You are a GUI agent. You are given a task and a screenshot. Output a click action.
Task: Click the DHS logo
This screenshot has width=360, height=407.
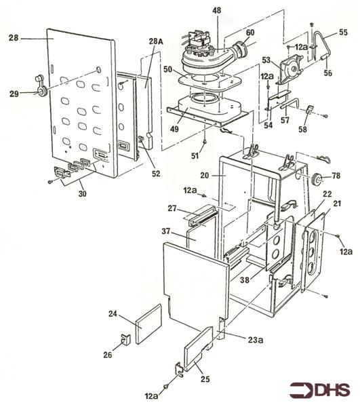pos(320,389)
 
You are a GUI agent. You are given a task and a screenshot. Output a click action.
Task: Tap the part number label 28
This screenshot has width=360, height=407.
pos(14,38)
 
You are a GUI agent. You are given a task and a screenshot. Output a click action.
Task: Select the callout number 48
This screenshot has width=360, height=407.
pos(216,10)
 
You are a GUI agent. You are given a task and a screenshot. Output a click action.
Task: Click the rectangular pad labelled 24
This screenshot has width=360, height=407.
pos(148,324)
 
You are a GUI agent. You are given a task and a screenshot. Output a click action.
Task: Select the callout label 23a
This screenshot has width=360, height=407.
pos(254,339)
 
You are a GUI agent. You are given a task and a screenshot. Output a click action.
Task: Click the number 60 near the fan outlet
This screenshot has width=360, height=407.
pos(250,33)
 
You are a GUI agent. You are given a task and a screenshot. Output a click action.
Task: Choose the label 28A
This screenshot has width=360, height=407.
pos(156,41)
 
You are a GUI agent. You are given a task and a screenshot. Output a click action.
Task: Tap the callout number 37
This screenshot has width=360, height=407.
pos(166,231)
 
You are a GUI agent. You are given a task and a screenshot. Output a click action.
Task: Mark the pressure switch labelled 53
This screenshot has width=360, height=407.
pos(290,69)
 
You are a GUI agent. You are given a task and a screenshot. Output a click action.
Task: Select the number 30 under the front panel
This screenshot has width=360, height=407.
pos(82,193)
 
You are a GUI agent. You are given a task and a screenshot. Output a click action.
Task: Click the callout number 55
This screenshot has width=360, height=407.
pos(343,32)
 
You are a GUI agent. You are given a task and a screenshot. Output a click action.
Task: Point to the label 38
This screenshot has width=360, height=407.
pos(245,279)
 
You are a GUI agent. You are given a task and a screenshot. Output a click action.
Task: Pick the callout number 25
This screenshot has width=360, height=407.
pos(205,379)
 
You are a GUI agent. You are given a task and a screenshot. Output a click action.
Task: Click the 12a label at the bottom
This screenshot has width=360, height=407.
pos(152,396)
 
